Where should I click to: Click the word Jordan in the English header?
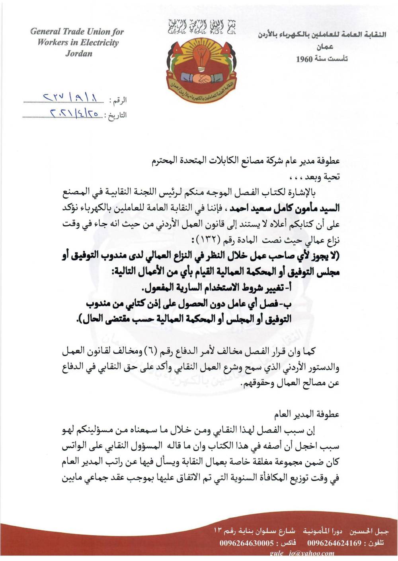point(79,53)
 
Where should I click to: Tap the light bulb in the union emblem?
point(200,55)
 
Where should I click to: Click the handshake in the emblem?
point(200,78)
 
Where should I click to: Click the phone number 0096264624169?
point(334,543)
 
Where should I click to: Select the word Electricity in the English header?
point(97,43)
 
